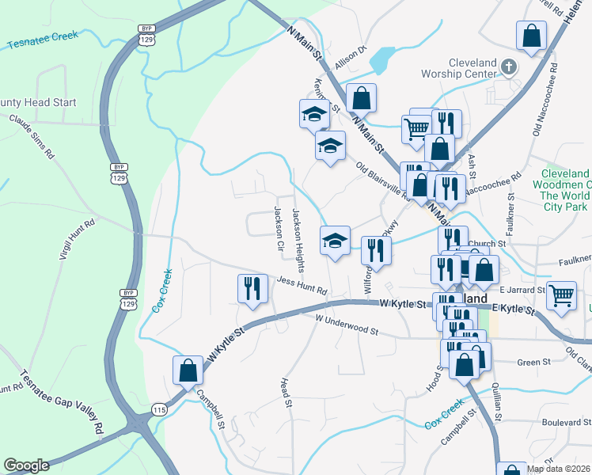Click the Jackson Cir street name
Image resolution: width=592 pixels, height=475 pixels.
[x=279, y=230]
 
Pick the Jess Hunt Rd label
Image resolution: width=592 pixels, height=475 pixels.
[x=302, y=286]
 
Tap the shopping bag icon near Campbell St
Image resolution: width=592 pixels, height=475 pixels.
[x=188, y=369]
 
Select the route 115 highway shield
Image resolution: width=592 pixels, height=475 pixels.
[x=159, y=409]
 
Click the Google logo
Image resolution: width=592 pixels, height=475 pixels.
[x=26, y=465]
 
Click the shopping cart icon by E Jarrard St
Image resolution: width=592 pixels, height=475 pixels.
[x=561, y=296]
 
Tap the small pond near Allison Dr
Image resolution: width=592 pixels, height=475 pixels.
[x=382, y=58]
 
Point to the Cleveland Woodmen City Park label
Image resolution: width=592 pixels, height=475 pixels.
[x=565, y=190]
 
